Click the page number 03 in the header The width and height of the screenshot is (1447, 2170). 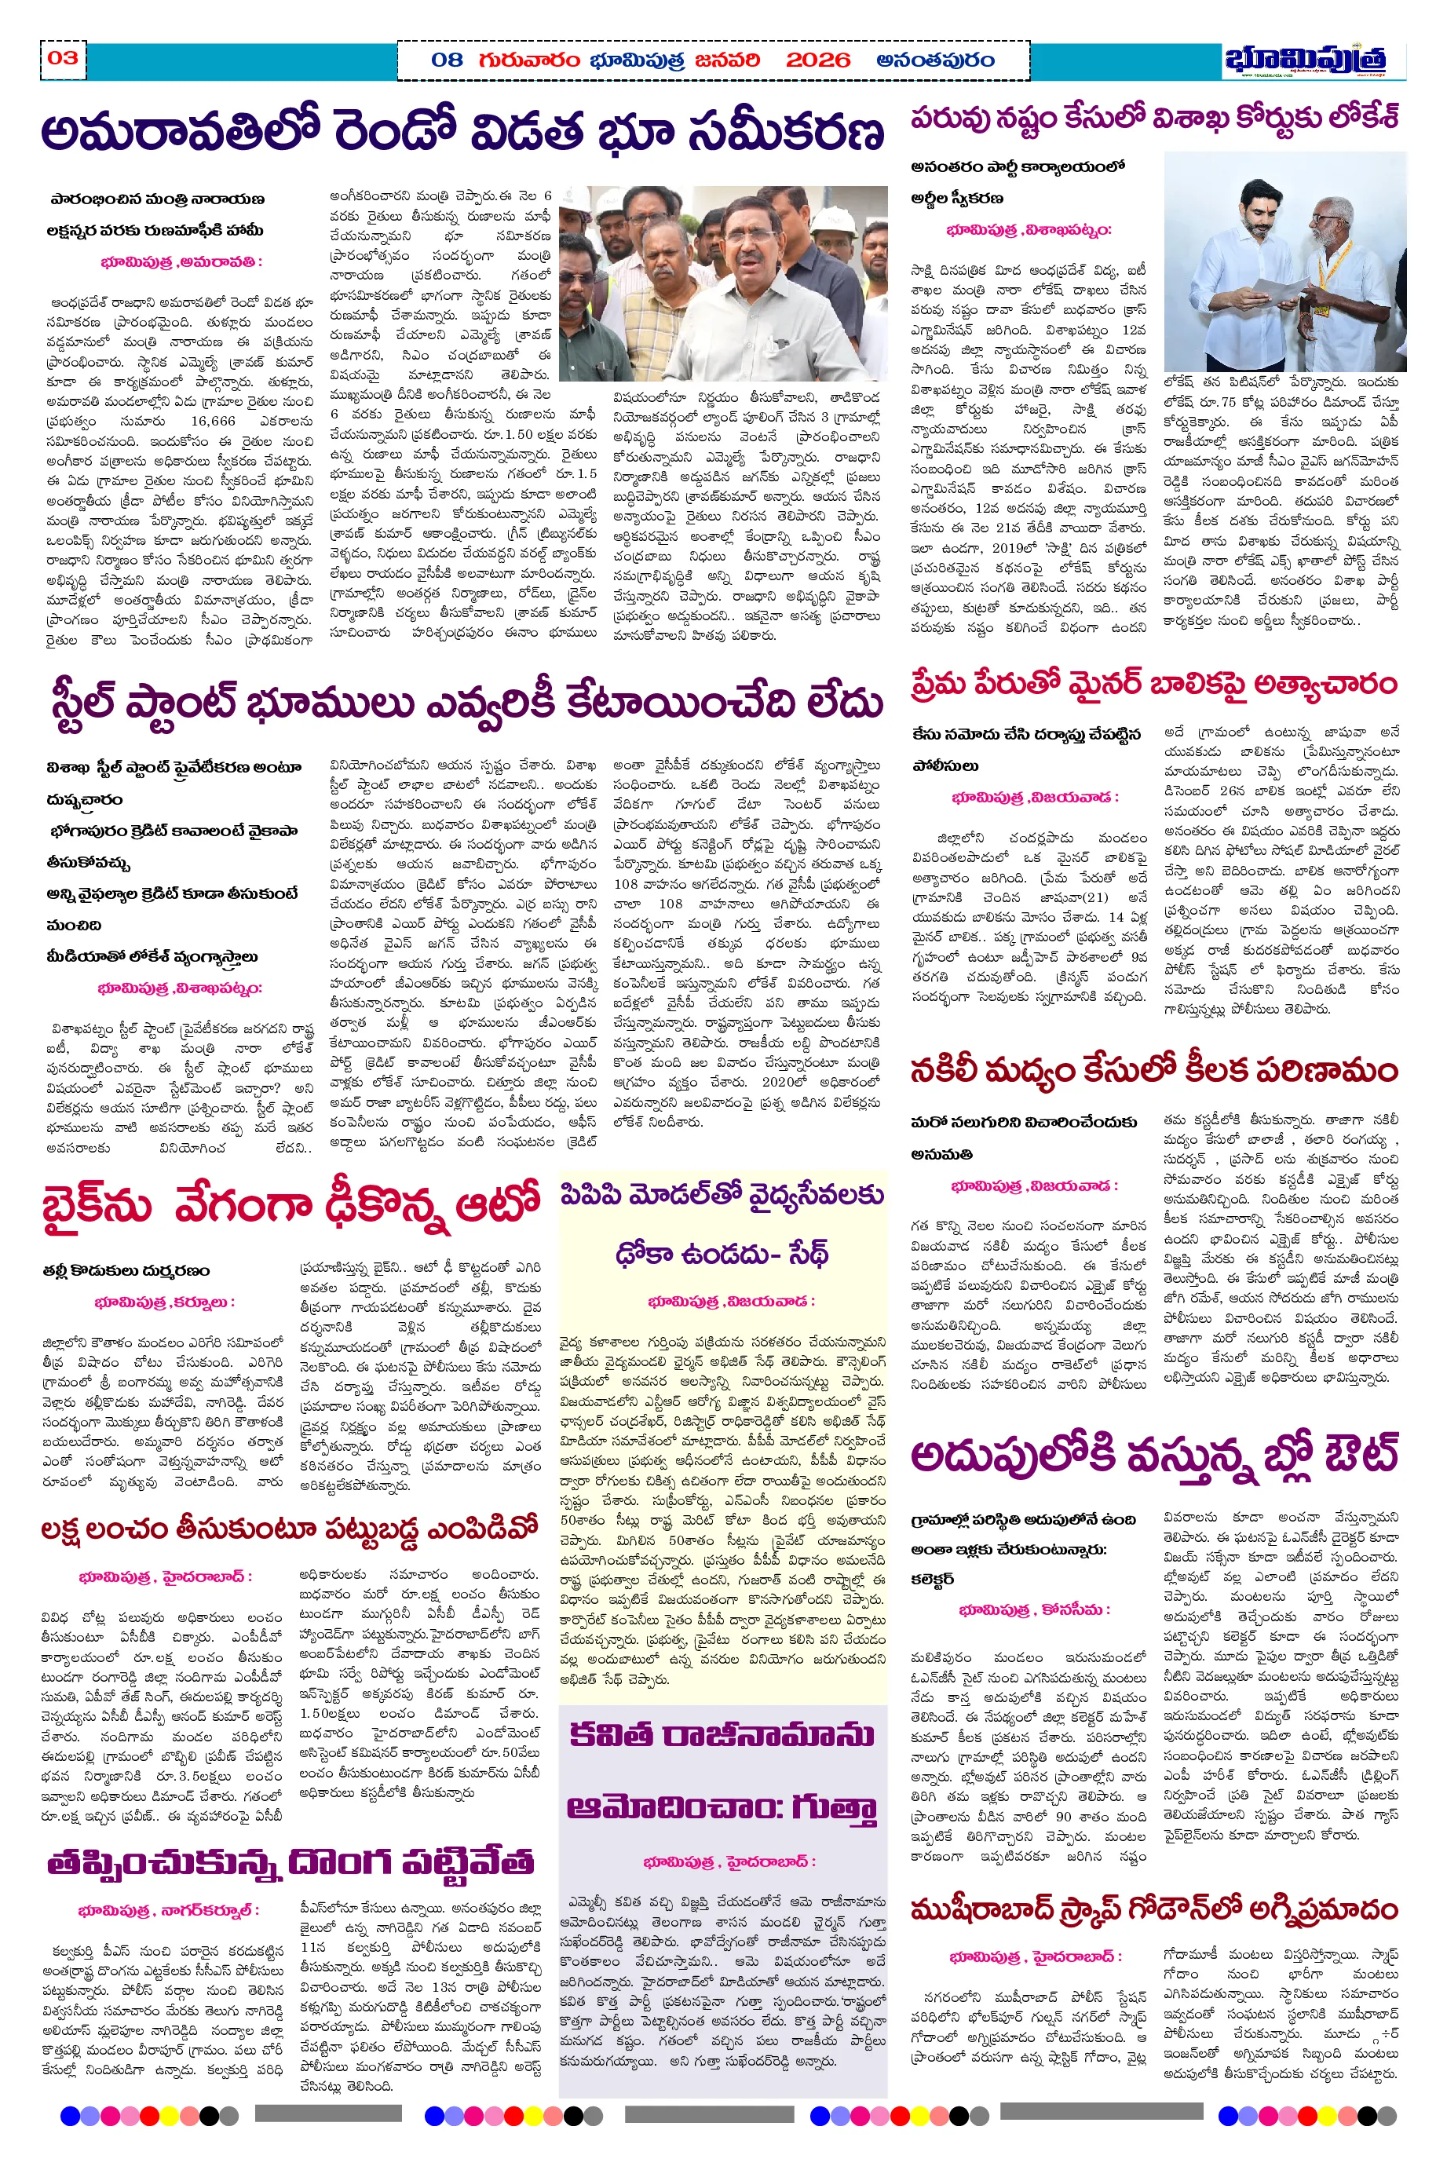pyautogui.click(x=63, y=58)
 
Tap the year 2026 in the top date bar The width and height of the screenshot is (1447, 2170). pyautogui.click(x=817, y=61)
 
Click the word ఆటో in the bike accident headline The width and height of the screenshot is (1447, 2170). pyautogui.click(x=498, y=1203)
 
